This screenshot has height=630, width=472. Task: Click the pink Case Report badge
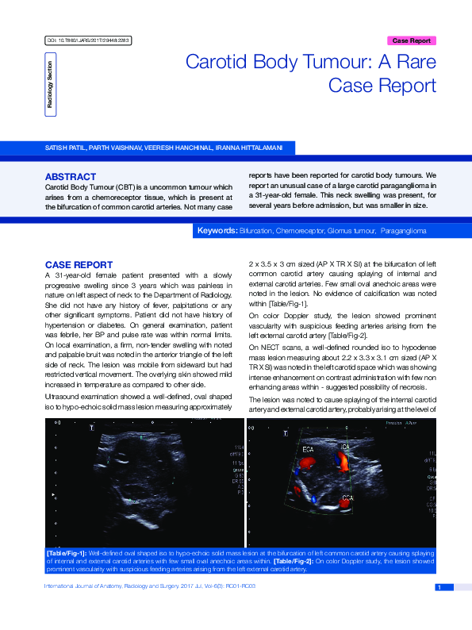(x=412, y=40)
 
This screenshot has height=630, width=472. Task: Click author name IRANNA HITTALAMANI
(x=260, y=148)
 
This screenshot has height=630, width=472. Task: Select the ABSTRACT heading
(x=71, y=176)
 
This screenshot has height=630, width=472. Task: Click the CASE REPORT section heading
(x=79, y=264)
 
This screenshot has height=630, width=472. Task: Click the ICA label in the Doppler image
(x=346, y=448)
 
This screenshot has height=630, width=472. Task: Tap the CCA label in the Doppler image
(x=347, y=498)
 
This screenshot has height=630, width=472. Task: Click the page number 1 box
(x=439, y=587)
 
